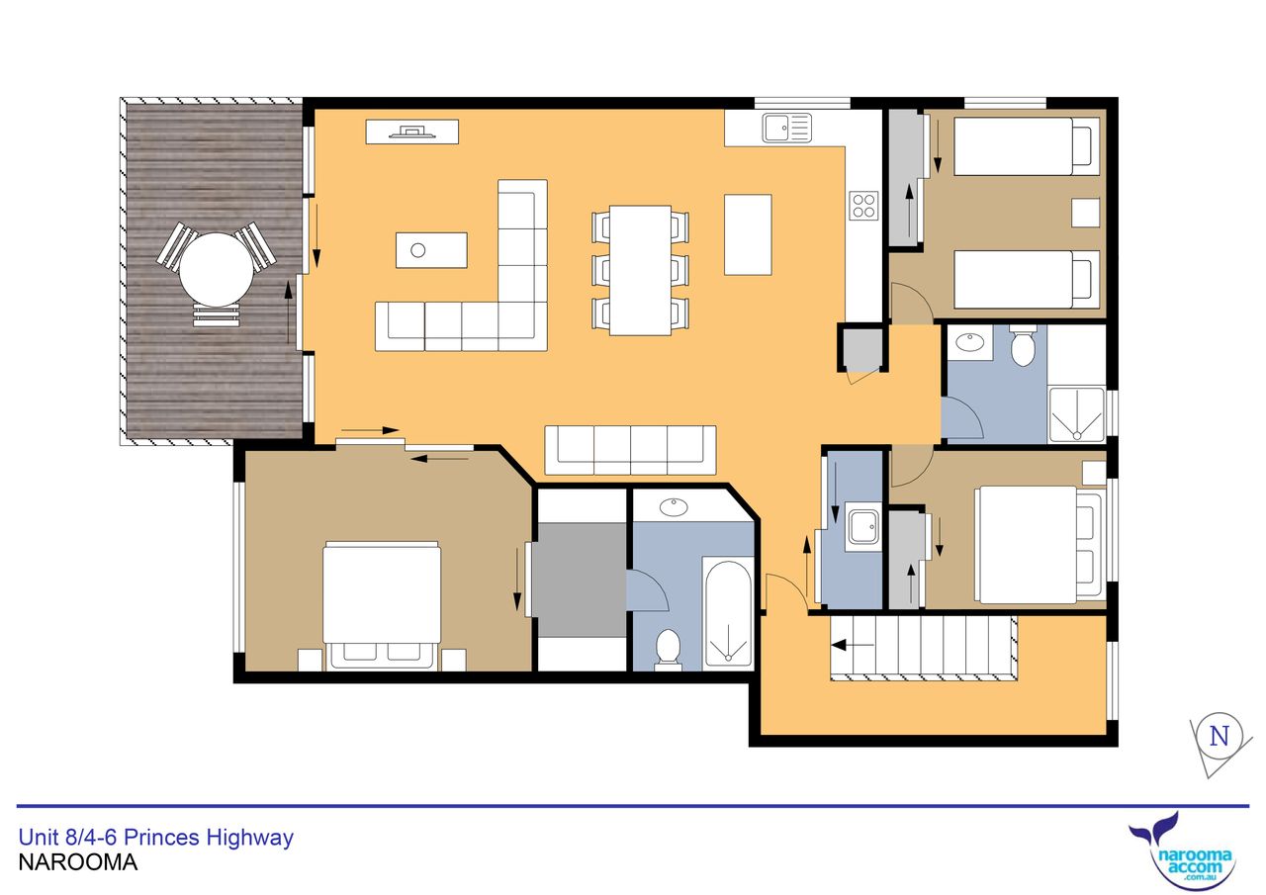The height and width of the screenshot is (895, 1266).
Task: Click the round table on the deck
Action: pos(217,270)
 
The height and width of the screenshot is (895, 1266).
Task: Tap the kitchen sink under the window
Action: pos(786,128)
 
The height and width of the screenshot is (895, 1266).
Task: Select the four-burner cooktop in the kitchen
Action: pos(863,206)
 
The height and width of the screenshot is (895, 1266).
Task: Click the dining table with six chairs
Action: pos(640,271)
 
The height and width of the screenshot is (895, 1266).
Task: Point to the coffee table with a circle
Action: pos(431,250)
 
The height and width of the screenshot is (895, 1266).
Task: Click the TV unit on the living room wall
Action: pos(412,132)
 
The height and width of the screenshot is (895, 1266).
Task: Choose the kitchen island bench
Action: pos(748,234)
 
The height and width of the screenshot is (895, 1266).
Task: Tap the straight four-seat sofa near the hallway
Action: pos(630,450)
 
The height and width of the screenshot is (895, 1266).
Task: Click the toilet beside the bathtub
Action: pos(668,650)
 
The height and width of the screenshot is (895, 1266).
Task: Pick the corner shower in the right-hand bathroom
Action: pos(1077,414)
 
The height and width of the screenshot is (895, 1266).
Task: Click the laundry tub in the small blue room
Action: pos(863,527)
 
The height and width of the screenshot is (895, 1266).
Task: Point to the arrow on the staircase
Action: pos(853,645)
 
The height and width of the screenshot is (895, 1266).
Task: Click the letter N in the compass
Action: pos(1220,736)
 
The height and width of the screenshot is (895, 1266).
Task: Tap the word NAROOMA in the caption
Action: pos(78,862)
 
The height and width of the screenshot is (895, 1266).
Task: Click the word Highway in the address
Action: pos(249,838)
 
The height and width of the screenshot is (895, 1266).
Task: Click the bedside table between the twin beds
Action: pos(1086,213)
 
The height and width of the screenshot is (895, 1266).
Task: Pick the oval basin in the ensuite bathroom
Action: pos(675,507)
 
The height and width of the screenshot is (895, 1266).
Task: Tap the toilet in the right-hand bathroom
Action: pos(1023,345)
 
